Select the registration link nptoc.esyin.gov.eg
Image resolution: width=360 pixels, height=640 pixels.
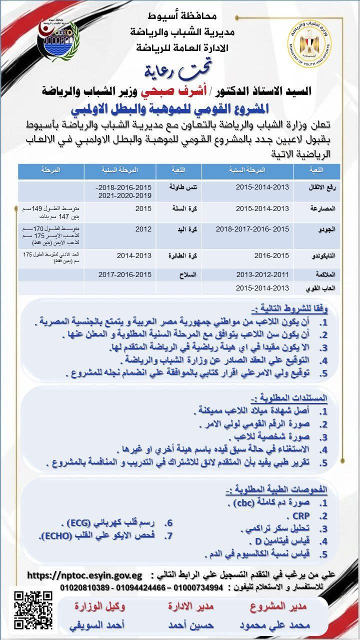pos(84,575)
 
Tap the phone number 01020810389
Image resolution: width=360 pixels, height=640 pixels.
pos(84,586)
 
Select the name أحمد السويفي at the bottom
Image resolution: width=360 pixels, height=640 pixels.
pos(99,625)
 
